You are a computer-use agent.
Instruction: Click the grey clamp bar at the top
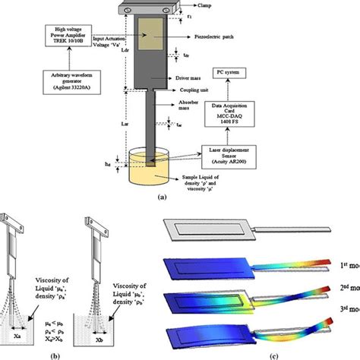coord(155,9)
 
